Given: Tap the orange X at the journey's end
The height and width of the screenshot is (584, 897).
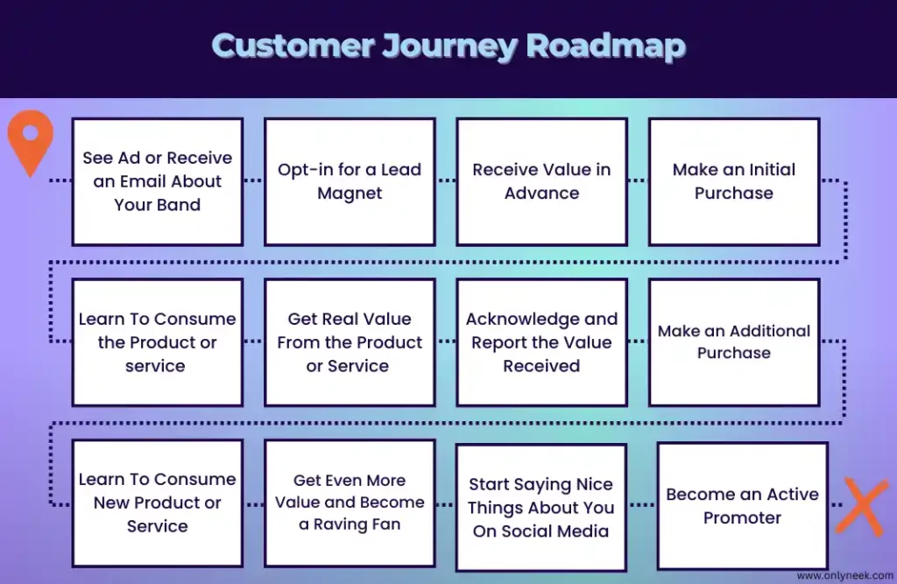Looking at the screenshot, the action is point(862,507).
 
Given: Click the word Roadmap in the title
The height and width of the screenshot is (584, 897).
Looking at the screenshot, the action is point(605,46).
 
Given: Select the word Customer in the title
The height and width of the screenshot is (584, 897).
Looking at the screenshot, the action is point(293,46).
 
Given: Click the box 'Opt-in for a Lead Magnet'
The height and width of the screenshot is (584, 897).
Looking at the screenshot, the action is point(350,182).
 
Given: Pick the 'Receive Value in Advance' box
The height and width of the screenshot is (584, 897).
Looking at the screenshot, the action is point(541,182).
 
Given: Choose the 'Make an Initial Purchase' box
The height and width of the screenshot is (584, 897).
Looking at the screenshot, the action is point(734,182).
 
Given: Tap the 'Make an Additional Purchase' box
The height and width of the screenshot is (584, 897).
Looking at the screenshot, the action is point(734,342).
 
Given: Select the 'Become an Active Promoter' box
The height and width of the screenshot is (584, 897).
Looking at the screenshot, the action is point(743,506).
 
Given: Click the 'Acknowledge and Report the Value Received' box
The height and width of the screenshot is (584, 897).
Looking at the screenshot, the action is point(541,342).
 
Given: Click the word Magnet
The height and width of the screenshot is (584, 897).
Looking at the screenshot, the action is point(350,193).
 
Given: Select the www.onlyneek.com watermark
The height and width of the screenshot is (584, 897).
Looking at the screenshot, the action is point(845,575).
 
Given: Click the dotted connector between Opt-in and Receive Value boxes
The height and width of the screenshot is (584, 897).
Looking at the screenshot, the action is point(446,180).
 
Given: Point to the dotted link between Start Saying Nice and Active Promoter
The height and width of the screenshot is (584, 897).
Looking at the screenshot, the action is point(642,504).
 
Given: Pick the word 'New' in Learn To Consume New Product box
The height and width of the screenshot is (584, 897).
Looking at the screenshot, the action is point(111,503).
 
